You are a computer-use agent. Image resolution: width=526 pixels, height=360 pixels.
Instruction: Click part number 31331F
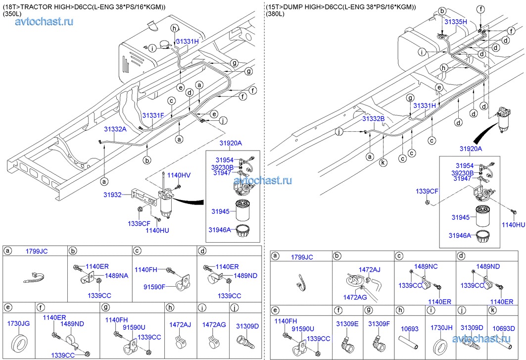click(153, 115)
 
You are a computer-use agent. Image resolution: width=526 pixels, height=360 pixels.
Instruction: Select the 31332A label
click(115, 129)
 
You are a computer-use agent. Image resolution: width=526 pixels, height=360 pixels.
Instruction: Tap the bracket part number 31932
click(112, 196)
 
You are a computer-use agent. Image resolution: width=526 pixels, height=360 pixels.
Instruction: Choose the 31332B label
click(373, 119)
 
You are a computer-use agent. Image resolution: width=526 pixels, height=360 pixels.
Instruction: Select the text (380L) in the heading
click(275, 14)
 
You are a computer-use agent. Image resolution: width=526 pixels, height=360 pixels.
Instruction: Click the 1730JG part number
click(18, 323)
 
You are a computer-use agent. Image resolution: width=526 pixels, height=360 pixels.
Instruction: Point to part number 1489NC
click(426, 266)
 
